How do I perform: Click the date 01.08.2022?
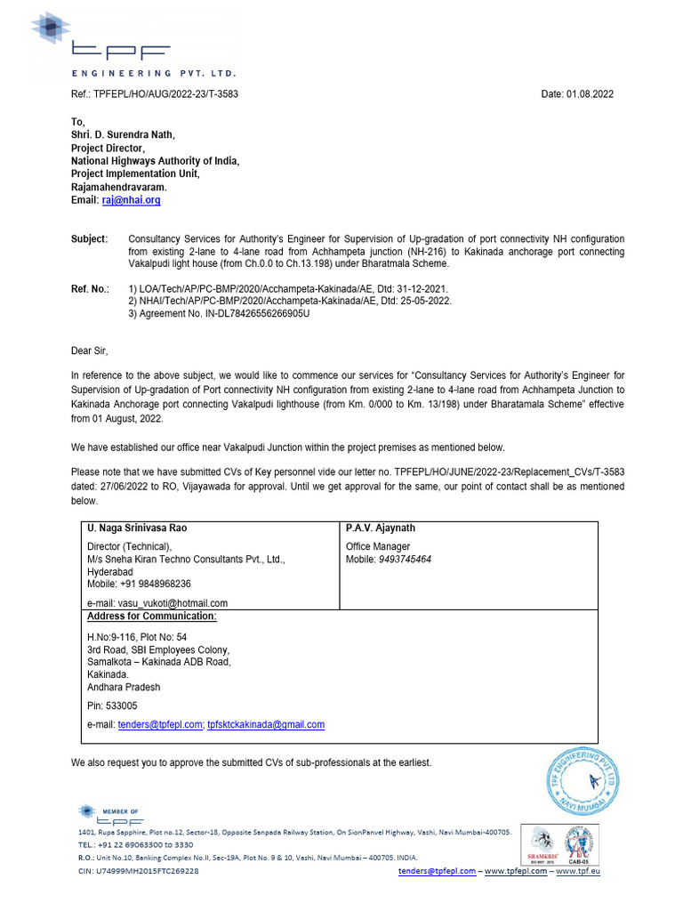coord(590,94)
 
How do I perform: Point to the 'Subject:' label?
coord(89,239)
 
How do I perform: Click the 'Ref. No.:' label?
coord(90,289)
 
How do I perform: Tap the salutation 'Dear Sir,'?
coord(89,351)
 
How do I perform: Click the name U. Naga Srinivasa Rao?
coord(137,528)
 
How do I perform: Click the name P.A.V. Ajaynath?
coord(381,528)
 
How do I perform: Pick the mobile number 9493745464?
coord(405,560)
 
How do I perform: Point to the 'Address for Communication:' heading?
coord(151,617)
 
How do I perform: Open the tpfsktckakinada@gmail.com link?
coord(266,725)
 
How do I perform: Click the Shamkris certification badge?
coord(543,844)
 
